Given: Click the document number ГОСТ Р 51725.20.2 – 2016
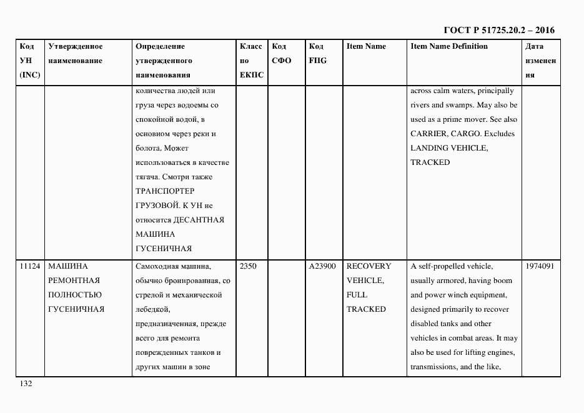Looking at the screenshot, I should (x=498, y=30).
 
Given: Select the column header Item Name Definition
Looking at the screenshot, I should (x=449, y=46).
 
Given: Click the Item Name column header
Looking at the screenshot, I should (x=366, y=46).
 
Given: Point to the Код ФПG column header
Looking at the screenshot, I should (x=317, y=54).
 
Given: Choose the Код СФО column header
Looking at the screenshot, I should (x=282, y=54).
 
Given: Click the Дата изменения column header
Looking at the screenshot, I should (x=540, y=61).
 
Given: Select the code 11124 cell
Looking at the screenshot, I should (x=30, y=266).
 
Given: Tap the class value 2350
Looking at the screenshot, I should (x=248, y=266).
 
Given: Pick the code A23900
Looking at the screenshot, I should (x=322, y=266).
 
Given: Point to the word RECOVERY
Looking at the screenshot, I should (x=369, y=266).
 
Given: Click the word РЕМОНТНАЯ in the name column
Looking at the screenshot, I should (x=74, y=281).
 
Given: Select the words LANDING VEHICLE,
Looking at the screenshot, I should (x=449, y=148).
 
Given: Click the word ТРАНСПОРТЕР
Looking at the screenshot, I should (x=165, y=191).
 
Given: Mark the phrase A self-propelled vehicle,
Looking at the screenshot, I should (x=452, y=266).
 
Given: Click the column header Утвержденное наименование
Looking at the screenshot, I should (x=76, y=54).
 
